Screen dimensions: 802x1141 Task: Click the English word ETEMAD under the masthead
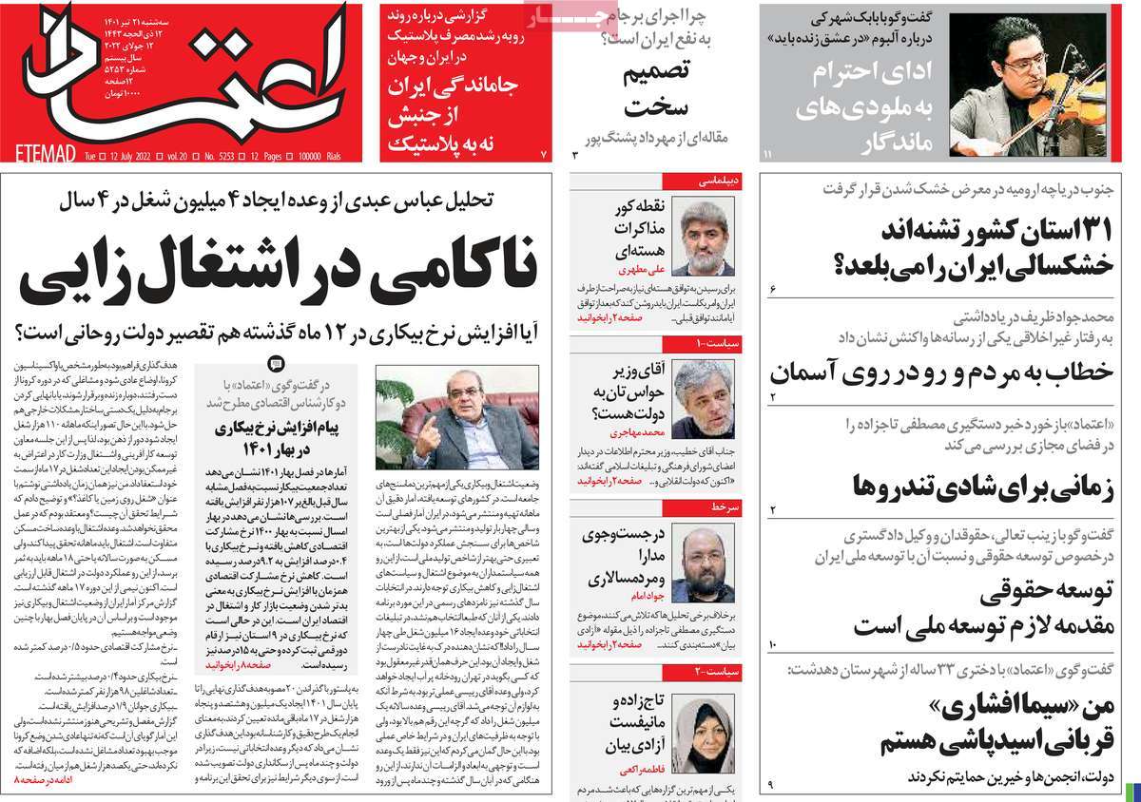pyautogui.click(x=39, y=152)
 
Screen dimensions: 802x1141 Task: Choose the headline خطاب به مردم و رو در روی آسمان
pyautogui.click(x=940, y=372)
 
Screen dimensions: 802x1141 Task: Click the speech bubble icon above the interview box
pyautogui.click(x=276, y=363)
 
